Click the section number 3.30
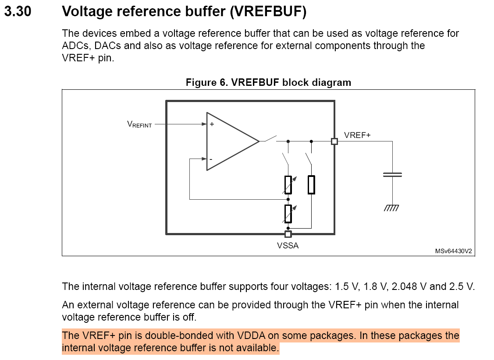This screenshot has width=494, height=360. coord(18,12)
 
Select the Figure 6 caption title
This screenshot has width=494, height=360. coord(268,82)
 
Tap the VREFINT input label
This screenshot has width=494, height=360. coord(139,124)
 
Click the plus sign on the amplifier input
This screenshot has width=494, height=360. coord(212,124)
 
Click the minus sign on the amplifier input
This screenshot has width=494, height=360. coord(211,159)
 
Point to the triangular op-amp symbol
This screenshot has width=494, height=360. coord(230,141)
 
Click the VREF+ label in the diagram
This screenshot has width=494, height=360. coord(357,136)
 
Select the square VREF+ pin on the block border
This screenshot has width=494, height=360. coord(334,141)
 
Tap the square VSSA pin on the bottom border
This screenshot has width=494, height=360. coord(288,234)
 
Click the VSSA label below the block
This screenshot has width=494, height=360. coord(288,246)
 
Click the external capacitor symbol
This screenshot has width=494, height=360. coord(392,175)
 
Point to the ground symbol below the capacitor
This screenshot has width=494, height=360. coord(391,208)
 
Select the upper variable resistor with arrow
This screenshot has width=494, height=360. coord(288,185)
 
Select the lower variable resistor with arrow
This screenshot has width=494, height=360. coord(288,213)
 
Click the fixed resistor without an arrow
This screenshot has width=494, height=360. coord(311,184)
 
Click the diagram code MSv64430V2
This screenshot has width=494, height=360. coord(453,251)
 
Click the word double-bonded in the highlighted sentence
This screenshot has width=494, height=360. coord(176,336)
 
